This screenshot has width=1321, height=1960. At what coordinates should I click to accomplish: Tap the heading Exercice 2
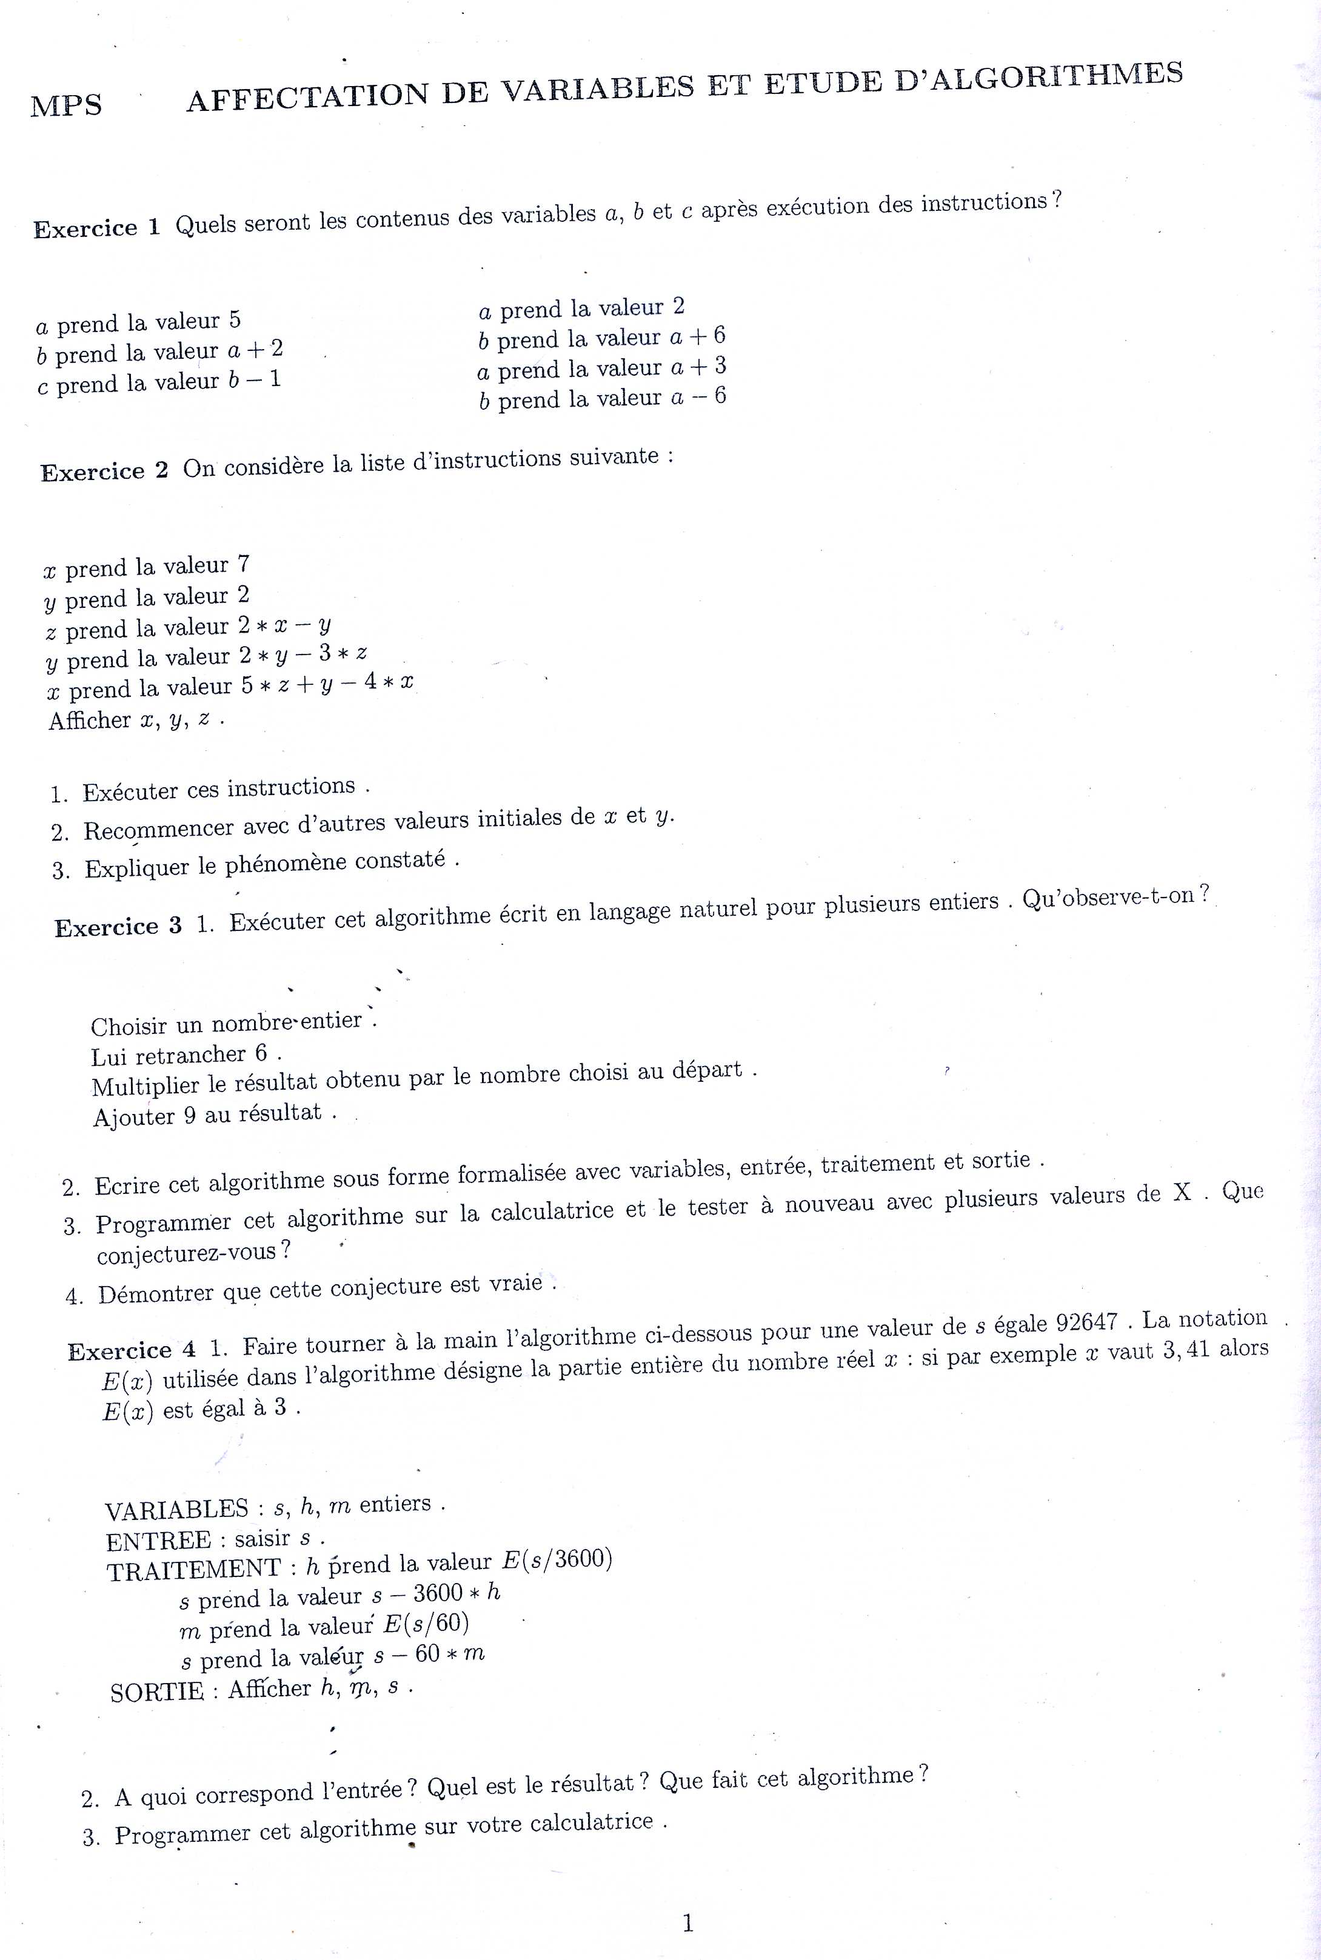point(104,471)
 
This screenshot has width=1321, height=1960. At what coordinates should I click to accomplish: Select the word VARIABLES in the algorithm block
point(177,1508)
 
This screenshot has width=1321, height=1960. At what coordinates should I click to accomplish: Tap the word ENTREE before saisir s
point(158,1541)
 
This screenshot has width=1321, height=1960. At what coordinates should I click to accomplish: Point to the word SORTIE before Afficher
point(156,1692)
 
